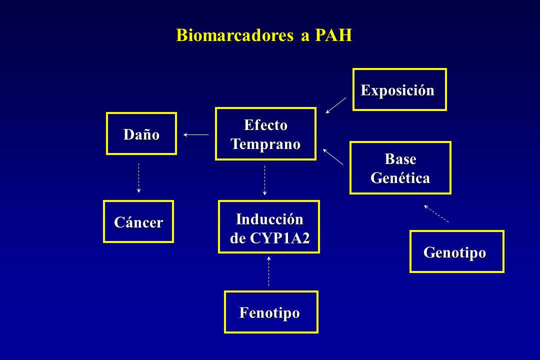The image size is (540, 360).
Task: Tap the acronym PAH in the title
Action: pyautogui.click(x=333, y=35)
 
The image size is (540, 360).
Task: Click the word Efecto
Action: pyautogui.click(x=265, y=124)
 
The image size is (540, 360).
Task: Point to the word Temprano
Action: pyautogui.click(x=265, y=144)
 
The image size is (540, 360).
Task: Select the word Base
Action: pyautogui.click(x=400, y=159)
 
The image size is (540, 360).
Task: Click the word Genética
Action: pyautogui.click(x=400, y=178)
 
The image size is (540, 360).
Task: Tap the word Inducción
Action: pyautogui.click(x=269, y=219)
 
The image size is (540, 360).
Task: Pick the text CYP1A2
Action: pyautogui.click(x=279, y=238)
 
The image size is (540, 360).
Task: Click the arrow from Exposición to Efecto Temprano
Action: pyautogui.click(x=336, y=105)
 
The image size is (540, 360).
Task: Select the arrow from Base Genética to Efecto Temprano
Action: pyautogui.click(x=333, y=156)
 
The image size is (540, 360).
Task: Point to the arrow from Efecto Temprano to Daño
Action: pyautogui.click(x=196, y=134)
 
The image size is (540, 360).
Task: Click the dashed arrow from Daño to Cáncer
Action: pyautogui.click(x=139, y=178)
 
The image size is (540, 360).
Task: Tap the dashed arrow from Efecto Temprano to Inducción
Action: pyautogui.click(x=264, y=180)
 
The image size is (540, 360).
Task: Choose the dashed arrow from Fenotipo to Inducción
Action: pyautogui.click(x=268, y=271)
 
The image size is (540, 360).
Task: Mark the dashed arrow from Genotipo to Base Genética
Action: pyautogui.click(x=436, y=213)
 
